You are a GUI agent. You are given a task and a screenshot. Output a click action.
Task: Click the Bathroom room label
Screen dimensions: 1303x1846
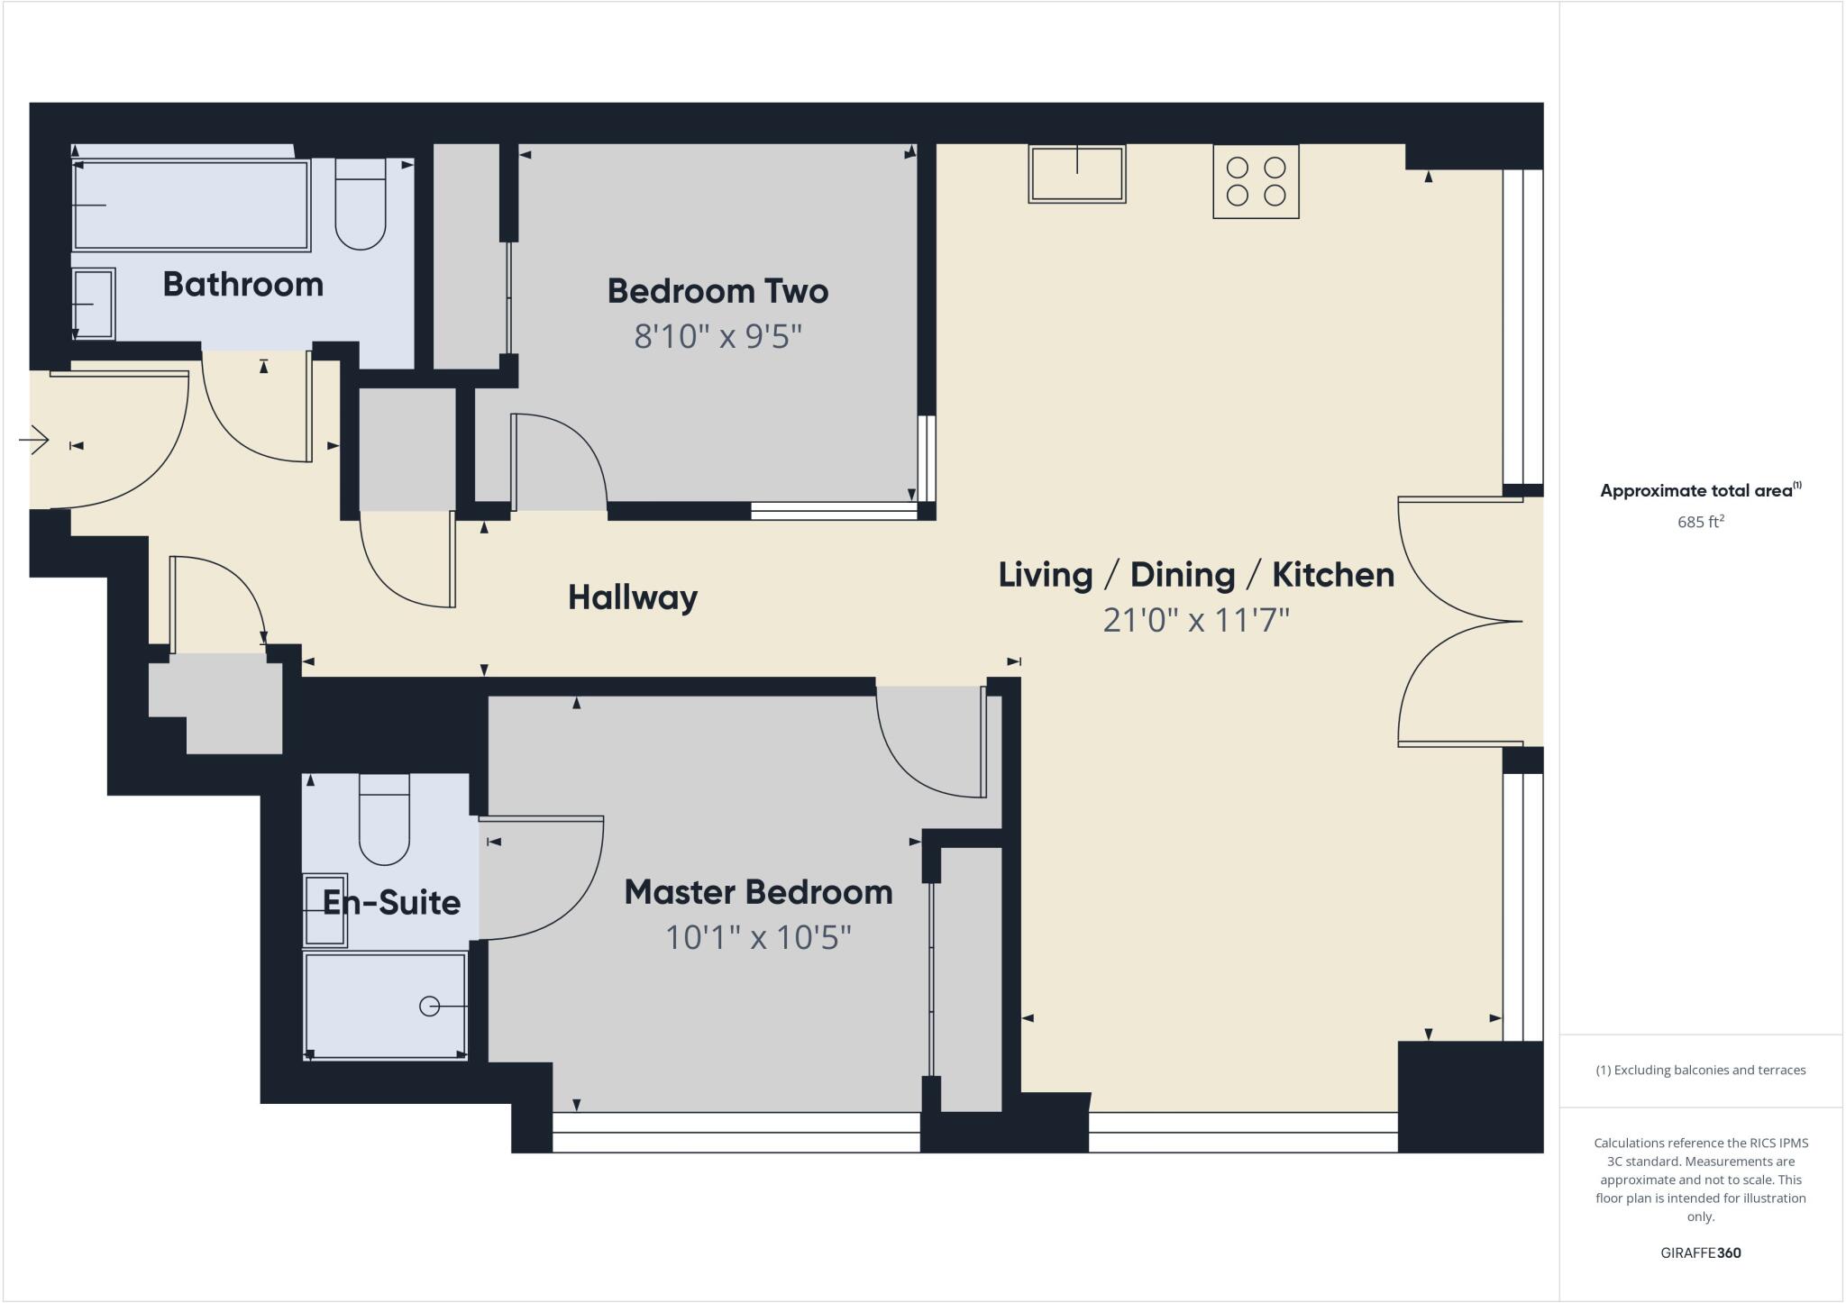pos(242,285)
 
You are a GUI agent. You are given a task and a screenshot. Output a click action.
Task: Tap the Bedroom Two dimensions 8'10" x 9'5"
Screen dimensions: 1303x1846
pos(717,337)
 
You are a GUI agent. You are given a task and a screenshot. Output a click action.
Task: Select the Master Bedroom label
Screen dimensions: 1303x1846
pos(758,892)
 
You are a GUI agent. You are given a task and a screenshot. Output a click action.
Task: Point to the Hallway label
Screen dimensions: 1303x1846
pos(632,597)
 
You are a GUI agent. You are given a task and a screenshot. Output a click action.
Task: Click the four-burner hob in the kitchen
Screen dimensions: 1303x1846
pos(1256,181)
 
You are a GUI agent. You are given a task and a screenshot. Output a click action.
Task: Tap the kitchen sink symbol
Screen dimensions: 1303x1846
pos(1077,174)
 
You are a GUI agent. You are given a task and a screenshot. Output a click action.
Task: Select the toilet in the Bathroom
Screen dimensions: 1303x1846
pos(361,205)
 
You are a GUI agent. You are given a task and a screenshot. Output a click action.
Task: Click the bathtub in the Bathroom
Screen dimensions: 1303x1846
pos(191,205)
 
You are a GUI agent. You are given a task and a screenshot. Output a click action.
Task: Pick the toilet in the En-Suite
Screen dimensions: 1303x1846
pos(385,820)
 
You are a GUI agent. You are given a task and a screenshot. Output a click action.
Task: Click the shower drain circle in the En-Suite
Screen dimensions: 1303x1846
pos(430,1007)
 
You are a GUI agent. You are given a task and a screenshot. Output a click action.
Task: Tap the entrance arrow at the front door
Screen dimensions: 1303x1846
pos(34,441)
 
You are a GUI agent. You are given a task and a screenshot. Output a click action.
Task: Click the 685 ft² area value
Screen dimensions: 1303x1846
pos(1700,522)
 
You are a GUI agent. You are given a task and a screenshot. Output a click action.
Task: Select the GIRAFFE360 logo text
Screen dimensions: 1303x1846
pos(1700,1253)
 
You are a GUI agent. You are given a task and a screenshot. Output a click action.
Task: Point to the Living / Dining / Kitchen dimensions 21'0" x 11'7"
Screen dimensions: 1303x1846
pos(1196,620)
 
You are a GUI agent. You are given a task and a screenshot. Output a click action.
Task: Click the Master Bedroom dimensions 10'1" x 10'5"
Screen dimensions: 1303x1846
pos(758,938)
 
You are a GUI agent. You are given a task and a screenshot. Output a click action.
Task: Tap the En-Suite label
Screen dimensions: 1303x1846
pos(391,902)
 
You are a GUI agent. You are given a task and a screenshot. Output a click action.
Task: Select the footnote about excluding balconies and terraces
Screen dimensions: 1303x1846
pos(1700,1071)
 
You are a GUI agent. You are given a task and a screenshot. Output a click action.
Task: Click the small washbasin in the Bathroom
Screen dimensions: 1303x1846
pos(93,304)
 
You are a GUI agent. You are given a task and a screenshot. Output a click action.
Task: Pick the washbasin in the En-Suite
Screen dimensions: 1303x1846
pos(324,910)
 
